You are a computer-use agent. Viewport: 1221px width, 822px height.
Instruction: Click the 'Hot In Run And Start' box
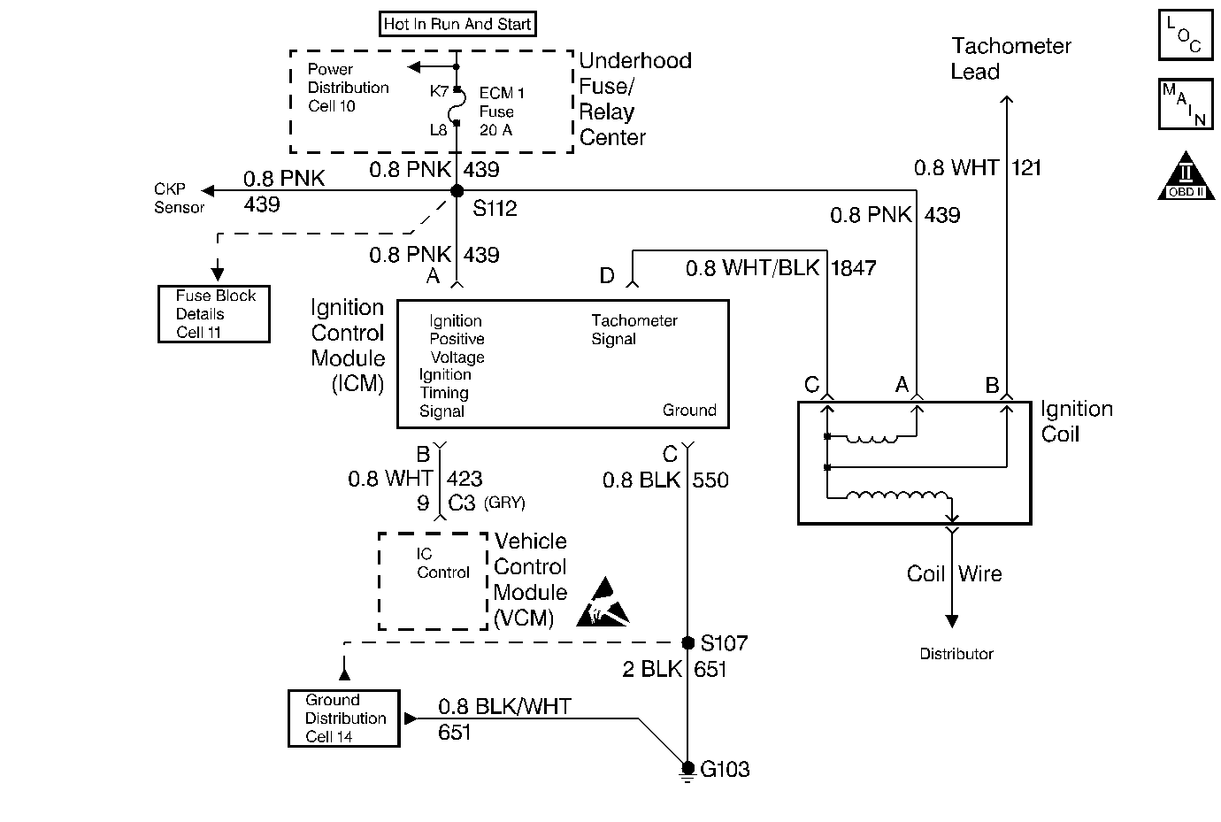tap(457, 24)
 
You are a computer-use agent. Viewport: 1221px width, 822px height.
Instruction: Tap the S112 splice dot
tap(457, 191)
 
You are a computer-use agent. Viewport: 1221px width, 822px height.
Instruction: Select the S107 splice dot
tap(687, 643)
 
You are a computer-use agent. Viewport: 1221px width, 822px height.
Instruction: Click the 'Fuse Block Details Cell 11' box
tap(213, 314)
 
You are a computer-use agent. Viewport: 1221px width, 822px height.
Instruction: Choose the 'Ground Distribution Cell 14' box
tap(344, 718)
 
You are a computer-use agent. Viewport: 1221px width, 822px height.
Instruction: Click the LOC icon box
tap(1185, 35)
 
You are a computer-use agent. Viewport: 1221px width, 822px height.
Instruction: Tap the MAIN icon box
tap(1185, 104)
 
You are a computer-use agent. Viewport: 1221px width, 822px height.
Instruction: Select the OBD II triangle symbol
tap(1186, 176)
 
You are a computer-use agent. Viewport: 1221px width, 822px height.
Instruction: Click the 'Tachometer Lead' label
tap(1010, 58)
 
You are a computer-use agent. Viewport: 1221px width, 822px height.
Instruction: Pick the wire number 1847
tap(854, 268)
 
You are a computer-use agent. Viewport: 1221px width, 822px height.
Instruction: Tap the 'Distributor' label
tap(956, 654)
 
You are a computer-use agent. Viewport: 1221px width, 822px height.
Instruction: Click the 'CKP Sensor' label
tap(179, 198)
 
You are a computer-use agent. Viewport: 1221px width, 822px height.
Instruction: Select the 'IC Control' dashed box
tap(433, 580)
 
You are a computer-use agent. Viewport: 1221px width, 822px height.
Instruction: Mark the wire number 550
tap(710, 480)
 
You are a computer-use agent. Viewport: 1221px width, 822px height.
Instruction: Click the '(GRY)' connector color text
tap(504, 503)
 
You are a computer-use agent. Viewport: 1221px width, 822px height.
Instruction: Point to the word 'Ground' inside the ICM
tap(689, 411)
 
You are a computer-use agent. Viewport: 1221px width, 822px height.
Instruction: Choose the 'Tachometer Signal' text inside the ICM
tap(634, 329)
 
